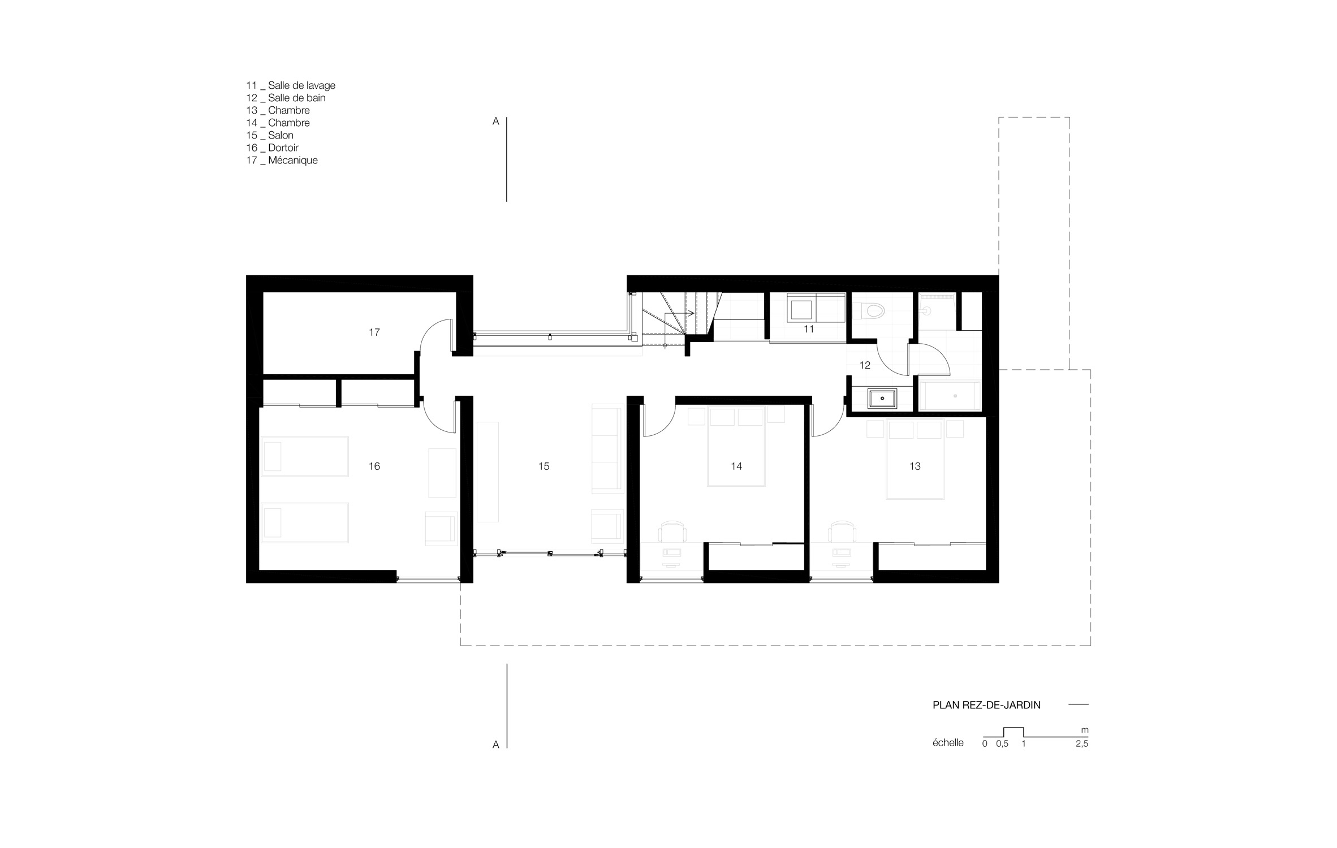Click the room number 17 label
374,332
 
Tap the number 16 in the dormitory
374,466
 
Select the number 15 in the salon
544,466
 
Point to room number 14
736,466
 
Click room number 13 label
915,466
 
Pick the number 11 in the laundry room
809,329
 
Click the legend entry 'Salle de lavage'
301,85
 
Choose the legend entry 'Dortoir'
283,148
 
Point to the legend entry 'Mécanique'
293,160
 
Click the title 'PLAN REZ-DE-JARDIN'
986,705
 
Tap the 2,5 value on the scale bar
1081,744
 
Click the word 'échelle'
948,743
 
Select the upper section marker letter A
496,121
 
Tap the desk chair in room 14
672,531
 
